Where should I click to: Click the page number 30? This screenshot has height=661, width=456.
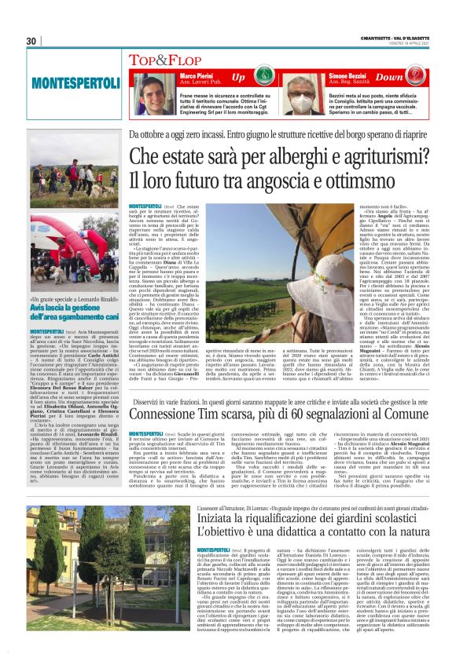click(31, 42)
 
